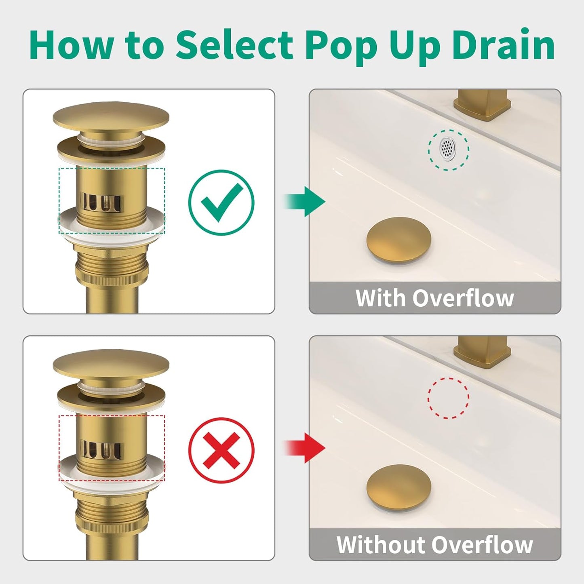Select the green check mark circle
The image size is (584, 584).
tap(221, 202)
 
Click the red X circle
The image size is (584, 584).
tap(221, 450)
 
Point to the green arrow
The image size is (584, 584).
tap(306, 201)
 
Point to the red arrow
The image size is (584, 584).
tap(306, 448)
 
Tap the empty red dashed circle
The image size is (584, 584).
tap(448, 398)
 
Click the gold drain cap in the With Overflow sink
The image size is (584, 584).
tap(398, 240)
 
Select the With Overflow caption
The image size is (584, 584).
tap(434, 298)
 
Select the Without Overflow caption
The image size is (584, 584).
tap(434, 545)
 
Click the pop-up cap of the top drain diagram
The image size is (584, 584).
tap(111, 115)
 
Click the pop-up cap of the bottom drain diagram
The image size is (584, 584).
tap(111, 363)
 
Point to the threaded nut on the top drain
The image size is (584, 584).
tap(112, 270)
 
